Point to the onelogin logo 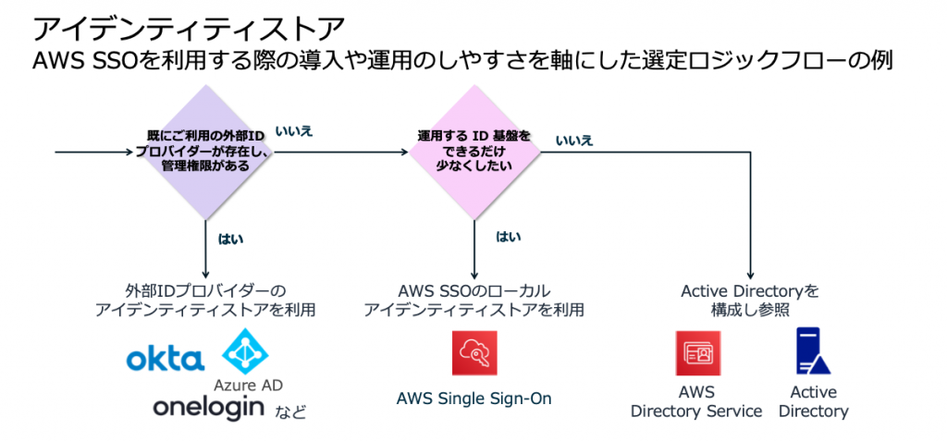click(207, 407)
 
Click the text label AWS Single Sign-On click(473, 399)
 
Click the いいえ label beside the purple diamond click(295, 131)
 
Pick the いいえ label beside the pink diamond click(574, 141)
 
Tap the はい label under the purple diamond click(230, 238)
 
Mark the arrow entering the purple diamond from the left click(92, 153)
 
